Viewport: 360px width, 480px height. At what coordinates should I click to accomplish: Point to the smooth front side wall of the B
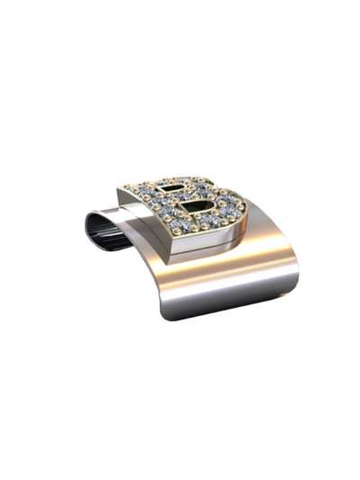(198, 241)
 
